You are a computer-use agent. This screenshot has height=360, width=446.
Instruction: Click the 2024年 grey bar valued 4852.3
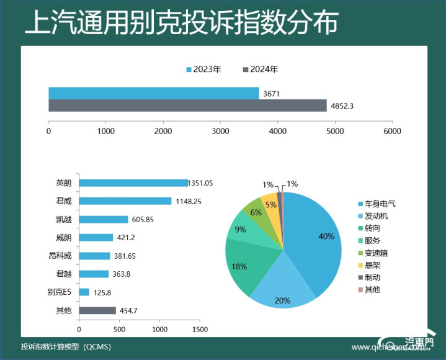(x=187, y=106)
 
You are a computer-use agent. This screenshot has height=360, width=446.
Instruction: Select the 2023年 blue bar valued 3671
(x=153, y=93)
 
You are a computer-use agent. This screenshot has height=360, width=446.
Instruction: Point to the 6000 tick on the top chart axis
(x=392, y=132)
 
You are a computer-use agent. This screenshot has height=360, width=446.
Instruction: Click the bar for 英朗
(x=133, y=183)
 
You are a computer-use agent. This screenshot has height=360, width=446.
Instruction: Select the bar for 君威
(x=125, y=201)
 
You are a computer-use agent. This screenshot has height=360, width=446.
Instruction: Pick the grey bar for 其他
(x=97, y=310)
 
